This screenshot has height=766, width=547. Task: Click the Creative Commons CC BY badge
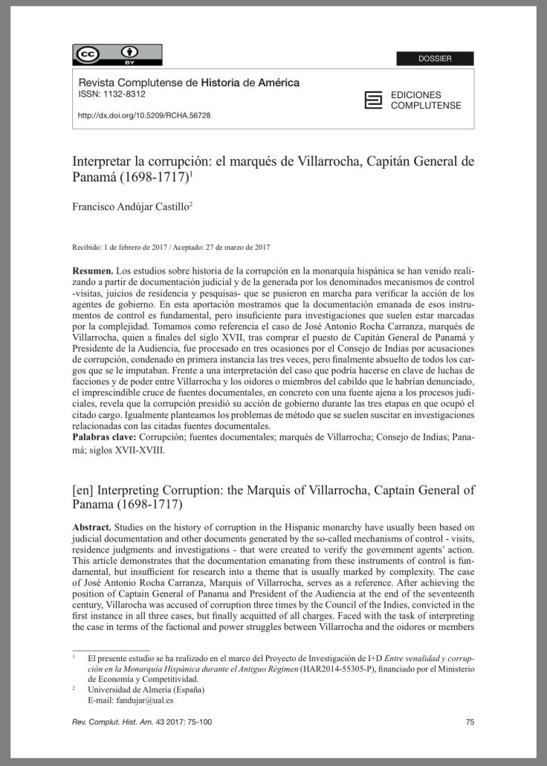point(117,55)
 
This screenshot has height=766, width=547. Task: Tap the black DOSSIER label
point(435,59)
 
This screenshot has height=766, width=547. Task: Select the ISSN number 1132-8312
point(124,94)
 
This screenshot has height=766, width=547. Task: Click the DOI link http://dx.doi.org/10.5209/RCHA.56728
point(144,116)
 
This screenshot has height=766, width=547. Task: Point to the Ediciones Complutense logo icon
point(373,100)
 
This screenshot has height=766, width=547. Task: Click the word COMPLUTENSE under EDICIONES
point(426,106)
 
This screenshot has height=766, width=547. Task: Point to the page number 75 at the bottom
point(470,721)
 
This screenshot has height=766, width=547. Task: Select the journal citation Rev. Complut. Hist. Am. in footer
point(114,721)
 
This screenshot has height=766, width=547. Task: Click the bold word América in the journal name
point(279,83)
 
